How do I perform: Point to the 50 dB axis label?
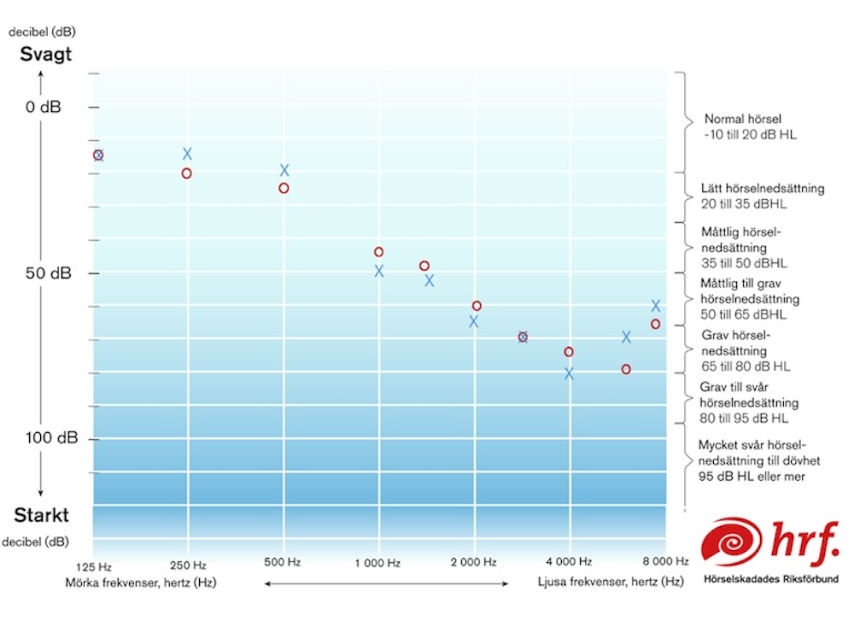pos(50,273)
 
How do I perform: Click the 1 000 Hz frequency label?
pos(377,564)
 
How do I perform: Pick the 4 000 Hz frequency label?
pos(569,562)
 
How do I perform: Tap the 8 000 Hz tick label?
pos(664,562)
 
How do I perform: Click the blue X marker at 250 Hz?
pos(187,154)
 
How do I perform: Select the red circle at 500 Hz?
pos(284,188)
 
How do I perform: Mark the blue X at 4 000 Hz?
pos(569,373)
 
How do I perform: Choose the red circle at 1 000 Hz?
pos(378,252)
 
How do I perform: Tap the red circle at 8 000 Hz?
pos(655,324)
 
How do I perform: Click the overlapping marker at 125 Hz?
pos(98,155)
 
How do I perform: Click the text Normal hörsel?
pos(743,120)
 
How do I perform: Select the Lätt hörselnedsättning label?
pos(763,189)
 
